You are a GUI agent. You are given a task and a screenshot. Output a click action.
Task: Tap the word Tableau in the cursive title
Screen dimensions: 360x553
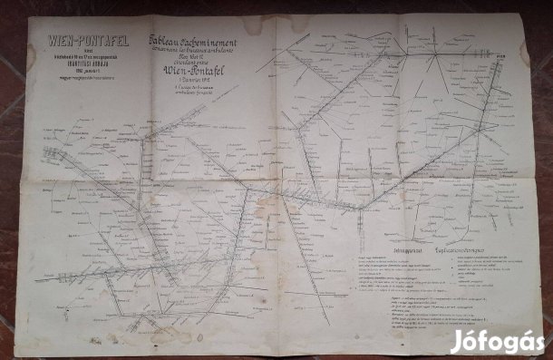(169, 40)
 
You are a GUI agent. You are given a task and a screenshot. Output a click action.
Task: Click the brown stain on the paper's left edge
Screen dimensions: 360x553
(32, 54)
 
